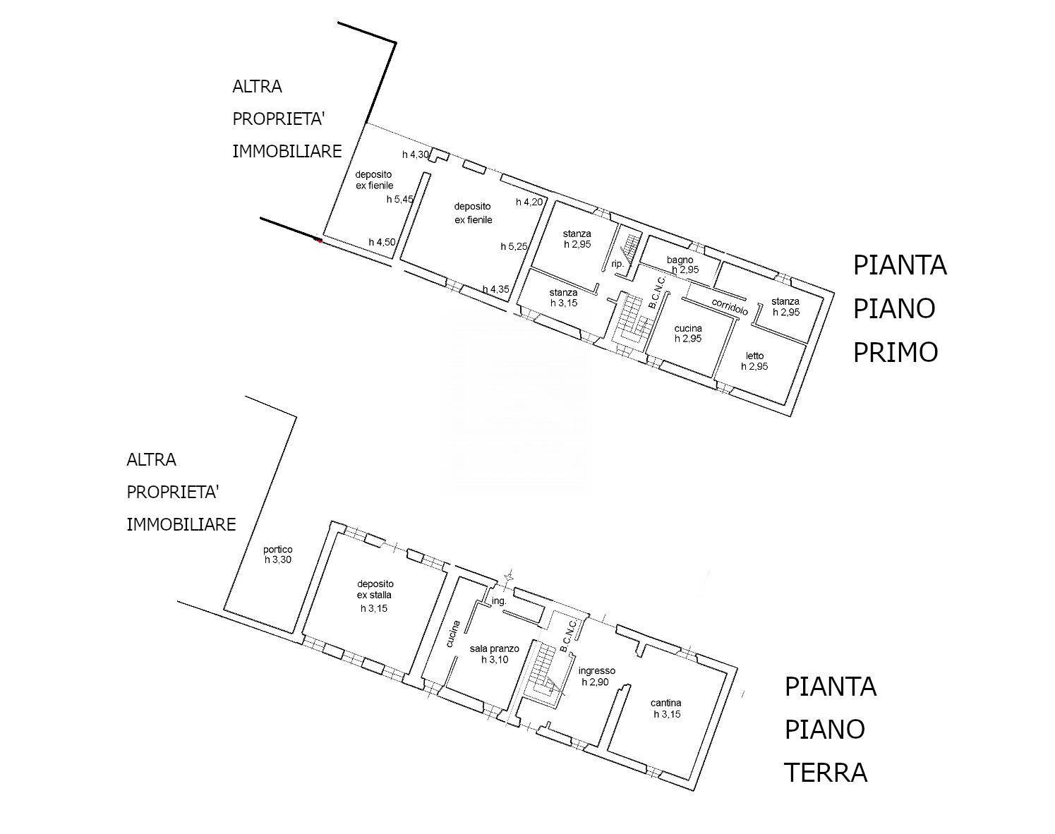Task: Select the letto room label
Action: pos(754,356)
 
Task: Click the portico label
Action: pos(277,550)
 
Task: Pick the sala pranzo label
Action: pos(494,648)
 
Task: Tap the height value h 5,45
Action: pos(399,200)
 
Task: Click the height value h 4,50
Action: pos(382,242)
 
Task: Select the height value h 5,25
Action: pos(514,246)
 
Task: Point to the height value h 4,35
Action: pos(495,289)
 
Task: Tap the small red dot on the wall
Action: pos(320,241)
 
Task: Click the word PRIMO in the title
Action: pos(895,352)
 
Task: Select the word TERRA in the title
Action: pos(826,773)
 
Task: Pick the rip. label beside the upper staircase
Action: pos(617,264)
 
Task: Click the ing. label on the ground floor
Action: pos(499,601)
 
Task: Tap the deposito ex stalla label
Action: pos(375,589)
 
